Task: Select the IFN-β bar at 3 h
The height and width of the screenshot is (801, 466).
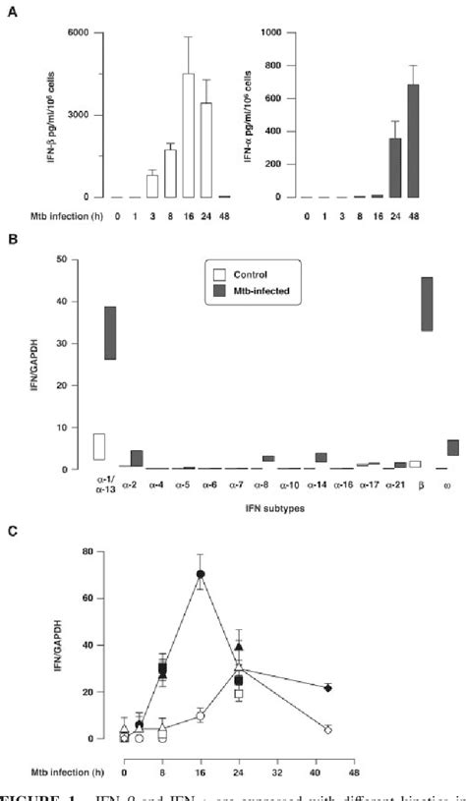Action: (x=152, y=187)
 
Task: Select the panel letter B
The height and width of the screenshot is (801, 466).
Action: (x=12, y=240)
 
